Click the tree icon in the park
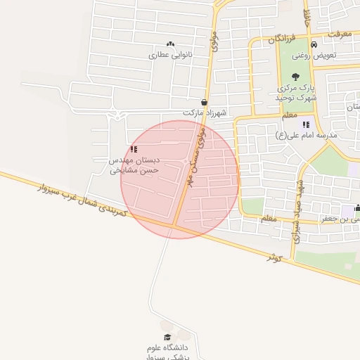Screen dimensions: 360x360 pos(294,77)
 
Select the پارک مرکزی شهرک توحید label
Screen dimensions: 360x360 pos(295,94)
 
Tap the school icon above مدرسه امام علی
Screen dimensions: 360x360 pos(306,124)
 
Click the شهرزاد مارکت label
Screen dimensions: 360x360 pos(202,112)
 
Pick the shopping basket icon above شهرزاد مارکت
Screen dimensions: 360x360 pos(205,102)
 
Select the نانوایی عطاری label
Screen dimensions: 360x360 pos(169,54)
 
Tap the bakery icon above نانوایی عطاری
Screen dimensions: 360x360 pos(169,44)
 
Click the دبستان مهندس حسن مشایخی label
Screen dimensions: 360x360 pos(134,165)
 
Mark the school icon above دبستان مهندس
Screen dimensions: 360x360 pos(134,149)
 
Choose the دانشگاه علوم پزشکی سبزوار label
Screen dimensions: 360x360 pos(169,352)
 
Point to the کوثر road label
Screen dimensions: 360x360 pos(274,256)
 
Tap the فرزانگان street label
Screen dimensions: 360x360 pos(282,39)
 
